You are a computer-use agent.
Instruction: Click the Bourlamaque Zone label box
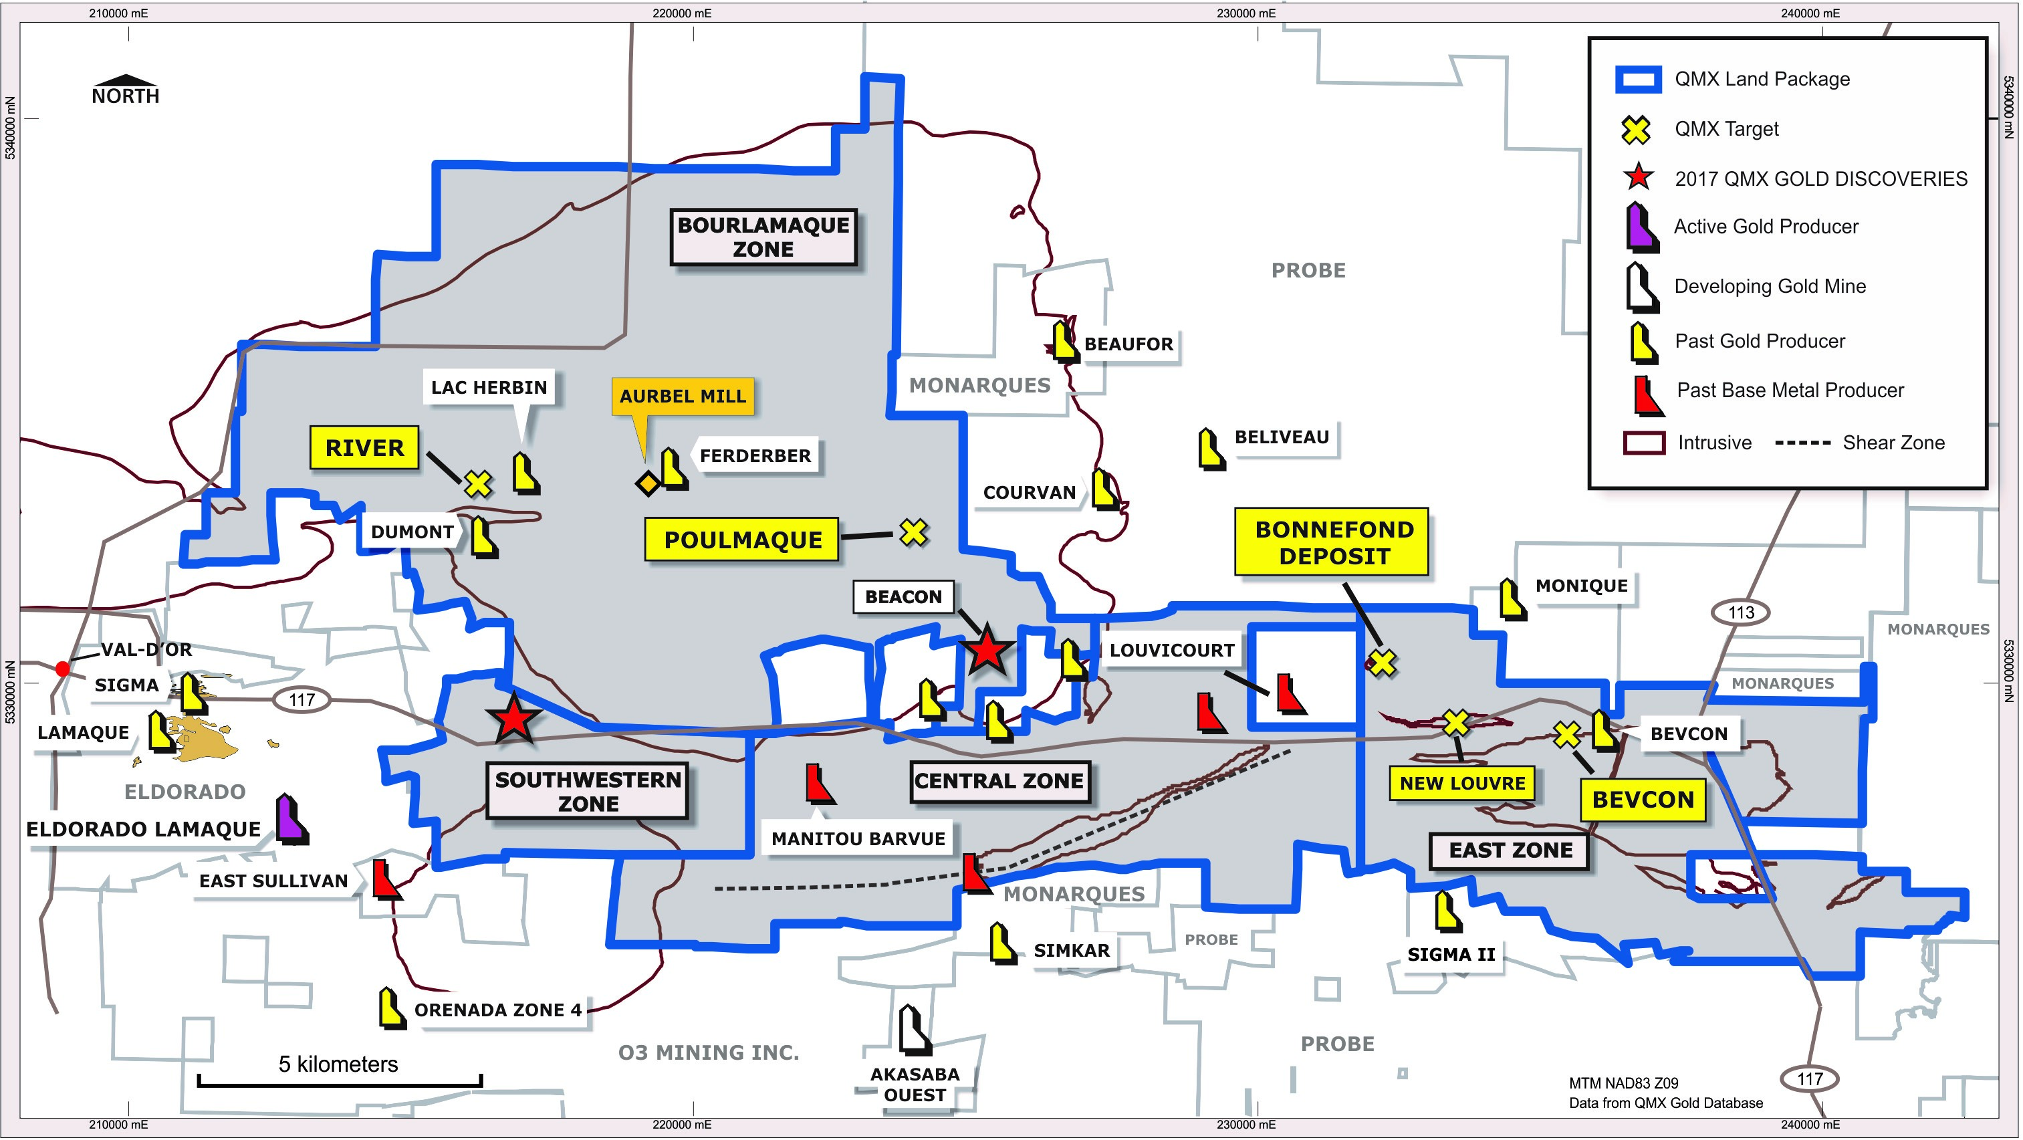763,237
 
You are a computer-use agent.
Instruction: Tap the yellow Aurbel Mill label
683,396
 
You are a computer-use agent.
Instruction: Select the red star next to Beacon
986,651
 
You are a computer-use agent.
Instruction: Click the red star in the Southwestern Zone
513,718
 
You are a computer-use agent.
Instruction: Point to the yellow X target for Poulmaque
913,533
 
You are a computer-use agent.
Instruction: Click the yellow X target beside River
477,484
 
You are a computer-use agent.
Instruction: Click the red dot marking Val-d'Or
63,669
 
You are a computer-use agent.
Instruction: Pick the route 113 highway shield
1740,612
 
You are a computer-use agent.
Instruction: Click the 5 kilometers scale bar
339,1082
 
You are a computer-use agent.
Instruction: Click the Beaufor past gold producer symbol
1065,342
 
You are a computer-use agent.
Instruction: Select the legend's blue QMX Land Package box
1637,80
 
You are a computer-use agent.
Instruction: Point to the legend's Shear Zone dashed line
1802,443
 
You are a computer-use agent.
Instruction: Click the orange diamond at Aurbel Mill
648,483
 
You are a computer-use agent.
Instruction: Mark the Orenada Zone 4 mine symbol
391,1008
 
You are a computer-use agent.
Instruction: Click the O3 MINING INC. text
709,1052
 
